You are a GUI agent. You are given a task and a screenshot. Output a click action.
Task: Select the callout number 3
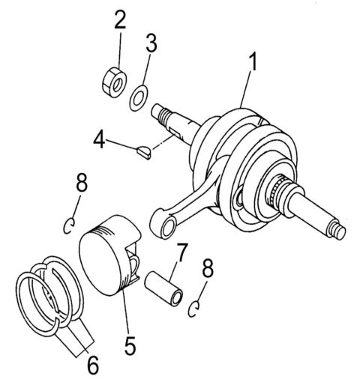click(151, 43)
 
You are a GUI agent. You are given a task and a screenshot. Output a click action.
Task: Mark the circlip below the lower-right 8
click(196, 307)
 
